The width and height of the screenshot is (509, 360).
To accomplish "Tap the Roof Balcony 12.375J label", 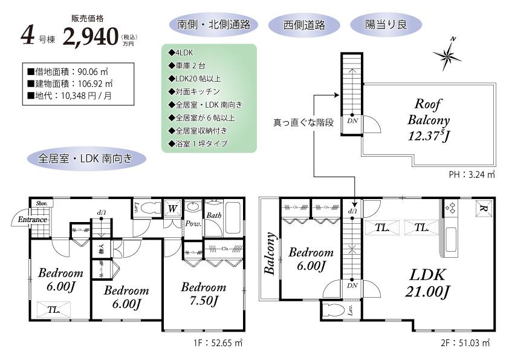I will point(430,119).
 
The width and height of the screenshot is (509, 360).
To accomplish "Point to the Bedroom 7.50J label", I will point(204,293).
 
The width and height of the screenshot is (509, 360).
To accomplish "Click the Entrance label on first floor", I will point(32,220).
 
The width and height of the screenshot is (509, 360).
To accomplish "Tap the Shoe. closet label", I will point(41,203).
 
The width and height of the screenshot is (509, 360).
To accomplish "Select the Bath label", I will point(213,215).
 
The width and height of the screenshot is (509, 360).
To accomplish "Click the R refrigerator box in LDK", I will point(482,207).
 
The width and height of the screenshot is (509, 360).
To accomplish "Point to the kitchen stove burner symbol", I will point(449,208).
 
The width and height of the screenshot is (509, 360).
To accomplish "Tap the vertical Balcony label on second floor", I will point(270,254).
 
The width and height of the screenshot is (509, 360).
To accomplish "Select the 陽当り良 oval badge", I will point(386,25).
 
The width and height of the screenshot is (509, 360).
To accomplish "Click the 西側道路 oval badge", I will point(304,25).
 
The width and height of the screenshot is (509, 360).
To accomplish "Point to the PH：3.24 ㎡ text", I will point(472,175).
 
